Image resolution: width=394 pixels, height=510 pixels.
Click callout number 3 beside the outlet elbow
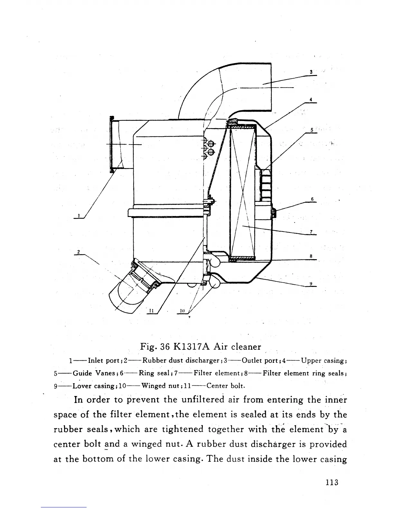[311, 72]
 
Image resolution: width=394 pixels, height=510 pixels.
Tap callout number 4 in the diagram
[311, 99]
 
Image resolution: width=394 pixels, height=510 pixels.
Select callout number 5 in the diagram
[311, 130]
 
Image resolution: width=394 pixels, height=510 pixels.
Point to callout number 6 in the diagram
[312, 199]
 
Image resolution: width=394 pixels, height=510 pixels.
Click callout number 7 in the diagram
[311, 232]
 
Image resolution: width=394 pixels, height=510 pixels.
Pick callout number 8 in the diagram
[311, 256]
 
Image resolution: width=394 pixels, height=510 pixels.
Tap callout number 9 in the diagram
[311, 283]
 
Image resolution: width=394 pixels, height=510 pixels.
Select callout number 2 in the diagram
[78, 252]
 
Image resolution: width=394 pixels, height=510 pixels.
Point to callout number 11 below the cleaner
[151, 311]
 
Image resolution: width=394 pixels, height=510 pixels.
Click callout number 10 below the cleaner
[182, 311]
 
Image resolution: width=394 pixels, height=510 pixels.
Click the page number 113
[332, 482]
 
